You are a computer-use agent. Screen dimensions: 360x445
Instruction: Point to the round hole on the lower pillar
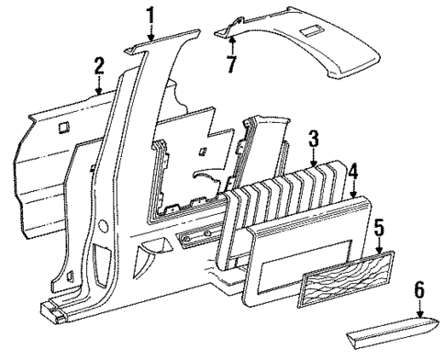pyautogui.click(x=103, y=223)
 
